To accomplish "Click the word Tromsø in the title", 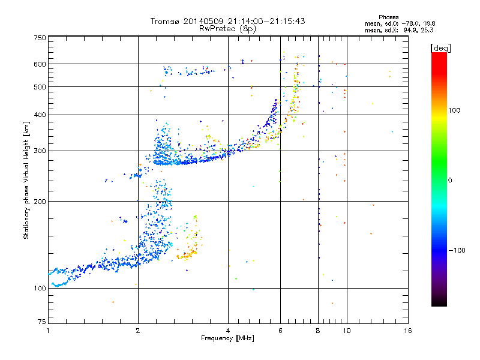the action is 165,21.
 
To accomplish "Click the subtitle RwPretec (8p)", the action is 227,29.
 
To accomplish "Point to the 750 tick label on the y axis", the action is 40,38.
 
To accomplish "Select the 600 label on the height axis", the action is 40,64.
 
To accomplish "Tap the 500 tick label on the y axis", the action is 40,87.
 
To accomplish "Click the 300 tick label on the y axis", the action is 40,151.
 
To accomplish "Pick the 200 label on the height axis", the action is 40,202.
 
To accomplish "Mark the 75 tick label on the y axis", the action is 42,322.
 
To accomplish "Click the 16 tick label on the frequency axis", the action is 408,331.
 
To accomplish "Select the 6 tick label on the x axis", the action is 280,331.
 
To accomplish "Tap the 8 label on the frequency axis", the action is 318,331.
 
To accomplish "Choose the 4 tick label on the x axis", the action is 228,331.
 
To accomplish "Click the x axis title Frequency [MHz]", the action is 227,338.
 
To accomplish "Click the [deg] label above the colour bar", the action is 440,48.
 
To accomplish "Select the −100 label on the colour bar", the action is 457,250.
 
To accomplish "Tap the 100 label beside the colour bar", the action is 454,110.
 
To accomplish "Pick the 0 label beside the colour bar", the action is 450,181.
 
